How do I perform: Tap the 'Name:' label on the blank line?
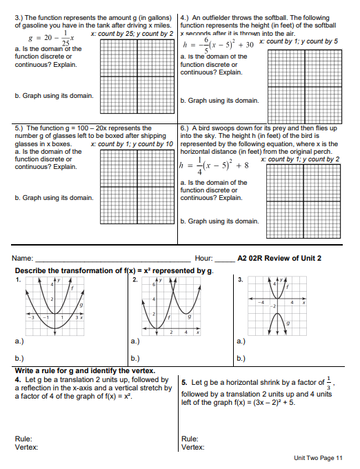(24, 259)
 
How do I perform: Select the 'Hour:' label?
(205, 259)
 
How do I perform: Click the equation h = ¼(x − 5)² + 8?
(210, 166)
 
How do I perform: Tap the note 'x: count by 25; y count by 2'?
(132, 33)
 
